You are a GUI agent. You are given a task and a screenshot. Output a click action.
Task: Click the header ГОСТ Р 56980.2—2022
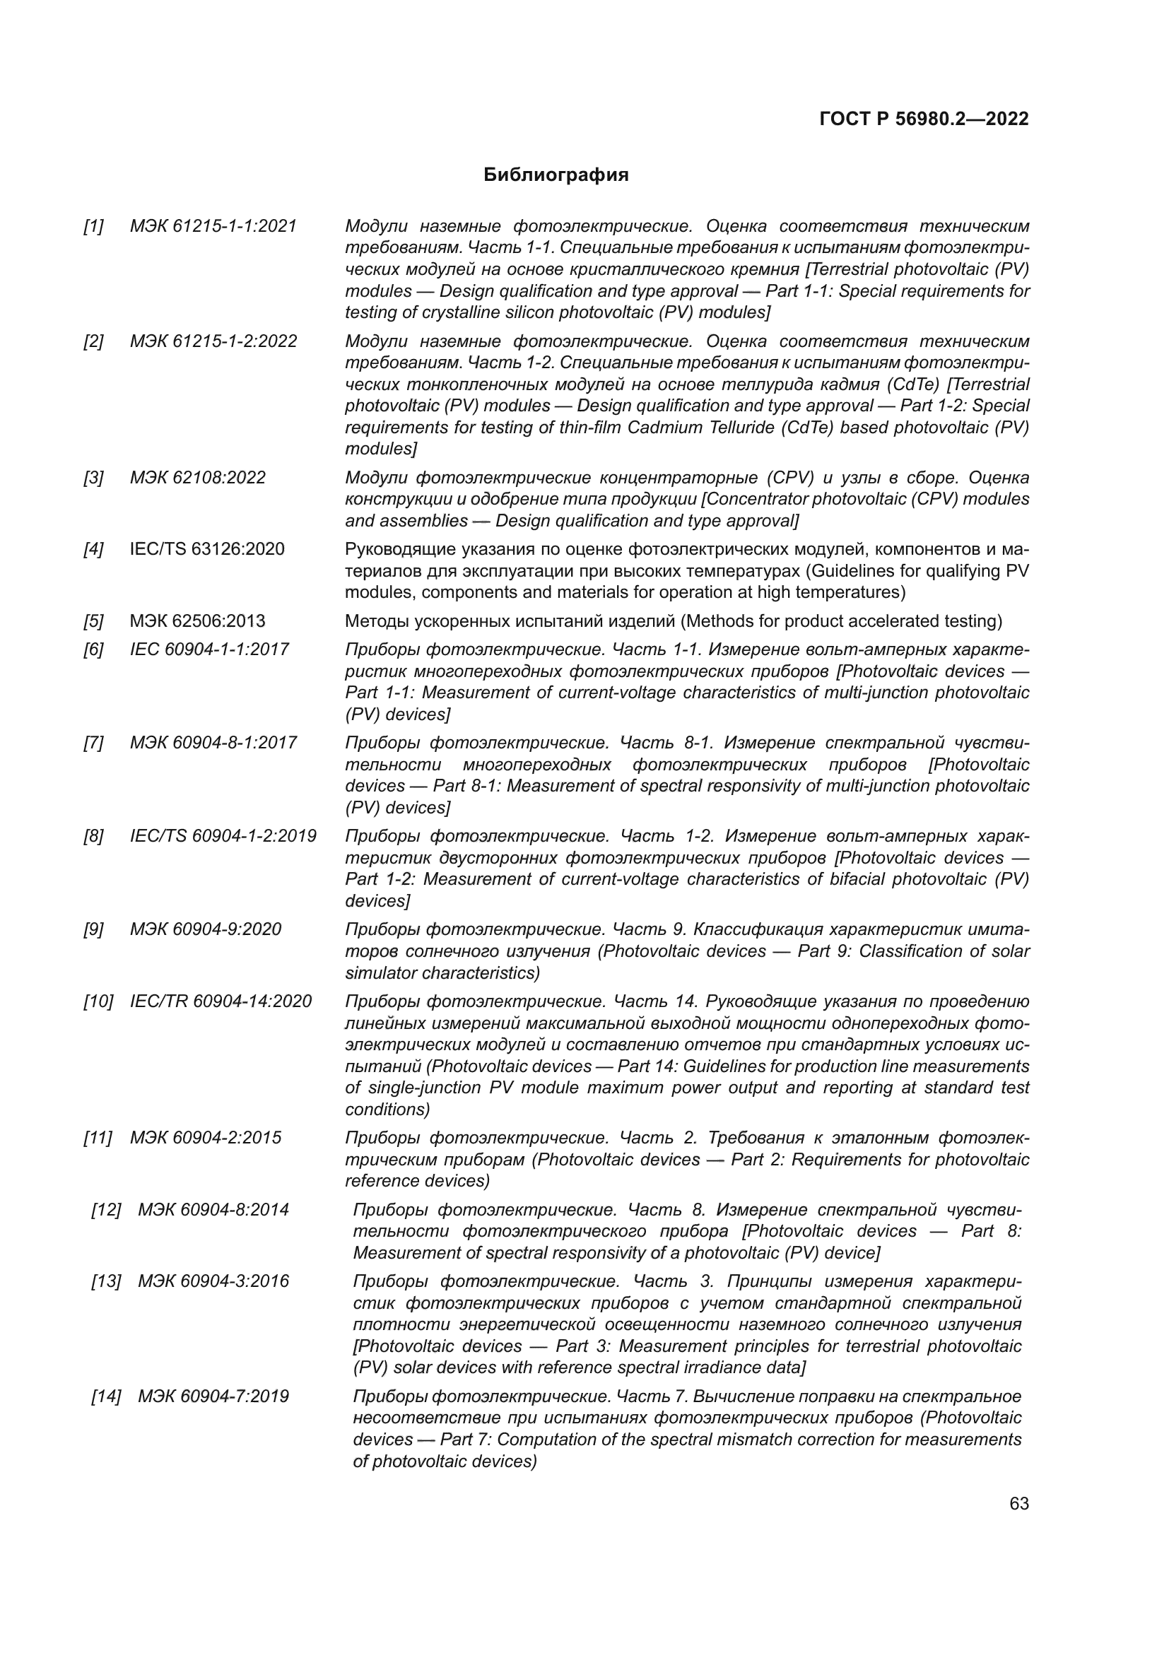(x=924, y=119)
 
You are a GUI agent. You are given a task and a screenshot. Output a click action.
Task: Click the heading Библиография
(x=556, y=175)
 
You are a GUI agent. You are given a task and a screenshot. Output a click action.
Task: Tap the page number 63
(x=1018, y=1503)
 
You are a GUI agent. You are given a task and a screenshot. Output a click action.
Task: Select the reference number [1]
(x=93, y=226)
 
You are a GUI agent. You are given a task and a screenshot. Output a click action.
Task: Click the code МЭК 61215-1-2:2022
(x=213, y=341)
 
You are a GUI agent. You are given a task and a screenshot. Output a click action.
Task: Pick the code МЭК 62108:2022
(x=197, y=477)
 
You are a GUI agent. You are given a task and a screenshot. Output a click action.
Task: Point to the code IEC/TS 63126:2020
(x=206, y=549)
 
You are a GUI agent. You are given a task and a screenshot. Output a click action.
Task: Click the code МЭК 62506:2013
(x=197, y=620)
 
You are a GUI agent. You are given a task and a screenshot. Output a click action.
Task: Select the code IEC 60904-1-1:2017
(x=208, y=649)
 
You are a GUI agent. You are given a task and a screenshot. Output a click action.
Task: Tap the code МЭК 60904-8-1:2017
(x=213, y=742)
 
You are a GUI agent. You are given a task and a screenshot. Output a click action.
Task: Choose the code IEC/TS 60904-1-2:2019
(x=223, y=836)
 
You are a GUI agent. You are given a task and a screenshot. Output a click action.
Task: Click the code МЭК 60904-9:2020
(x=205, y=929)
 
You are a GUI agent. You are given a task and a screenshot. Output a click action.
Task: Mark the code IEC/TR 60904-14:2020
(x=221, y=1001)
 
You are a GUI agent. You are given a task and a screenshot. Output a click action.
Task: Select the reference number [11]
(x=97, y=1138)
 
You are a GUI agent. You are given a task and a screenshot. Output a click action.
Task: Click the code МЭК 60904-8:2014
(x=213, y=1209)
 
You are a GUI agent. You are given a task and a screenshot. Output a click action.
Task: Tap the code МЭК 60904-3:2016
(x=213, y=1281)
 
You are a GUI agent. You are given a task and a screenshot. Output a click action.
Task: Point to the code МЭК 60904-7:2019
(x=213, y=1396)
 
